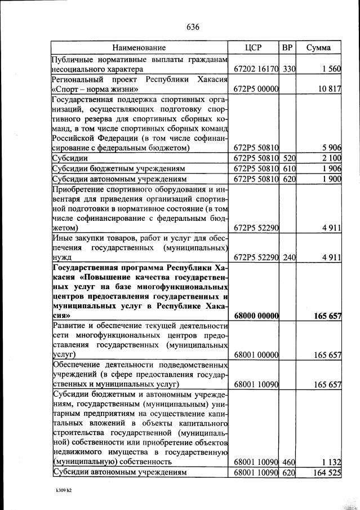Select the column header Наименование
[139, 47]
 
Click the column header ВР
[287, 47]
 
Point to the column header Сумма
[318, 47]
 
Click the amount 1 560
[330, 69]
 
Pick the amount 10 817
[328, 90]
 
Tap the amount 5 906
[330, 148]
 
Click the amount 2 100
[330, 158]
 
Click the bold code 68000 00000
[256, 317]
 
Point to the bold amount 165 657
[327, 317]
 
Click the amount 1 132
[330, 462]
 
